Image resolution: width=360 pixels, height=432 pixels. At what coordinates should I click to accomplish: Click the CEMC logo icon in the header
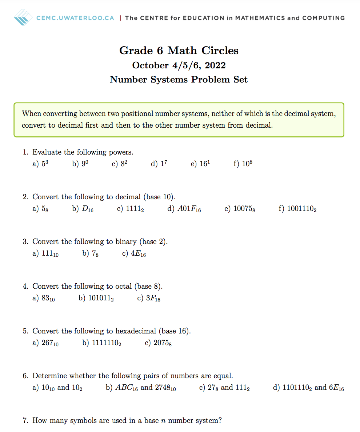(x=24, y=17)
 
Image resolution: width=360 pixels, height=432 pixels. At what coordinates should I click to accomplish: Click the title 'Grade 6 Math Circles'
(x=179, y=50)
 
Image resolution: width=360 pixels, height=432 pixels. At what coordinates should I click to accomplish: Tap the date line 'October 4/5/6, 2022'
(x=179, y=65)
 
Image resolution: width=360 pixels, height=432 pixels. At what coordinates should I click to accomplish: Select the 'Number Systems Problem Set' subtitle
(x=179, y=80)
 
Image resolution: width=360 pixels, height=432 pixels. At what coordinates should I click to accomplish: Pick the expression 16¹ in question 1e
(x=205, y=164)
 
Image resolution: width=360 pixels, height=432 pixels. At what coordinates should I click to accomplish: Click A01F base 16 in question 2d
(x=189, y=209)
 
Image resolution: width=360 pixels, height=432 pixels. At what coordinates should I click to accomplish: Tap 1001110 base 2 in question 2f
(x=302, y=209)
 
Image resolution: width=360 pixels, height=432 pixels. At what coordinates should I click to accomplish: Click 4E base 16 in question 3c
(x=139, y=253)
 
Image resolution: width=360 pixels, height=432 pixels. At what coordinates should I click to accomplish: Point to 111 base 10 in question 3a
(x=50, y=253)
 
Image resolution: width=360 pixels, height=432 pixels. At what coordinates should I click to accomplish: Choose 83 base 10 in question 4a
(x=48, y=299)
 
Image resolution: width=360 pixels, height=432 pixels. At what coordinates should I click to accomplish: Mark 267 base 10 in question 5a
(x=50, y=343)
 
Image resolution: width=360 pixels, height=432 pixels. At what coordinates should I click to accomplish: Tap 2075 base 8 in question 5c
(x=163, y=343)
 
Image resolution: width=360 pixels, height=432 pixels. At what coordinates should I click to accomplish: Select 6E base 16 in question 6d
(x=336, y=388)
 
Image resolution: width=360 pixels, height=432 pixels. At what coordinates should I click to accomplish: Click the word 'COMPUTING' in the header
(x=323, y=18)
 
